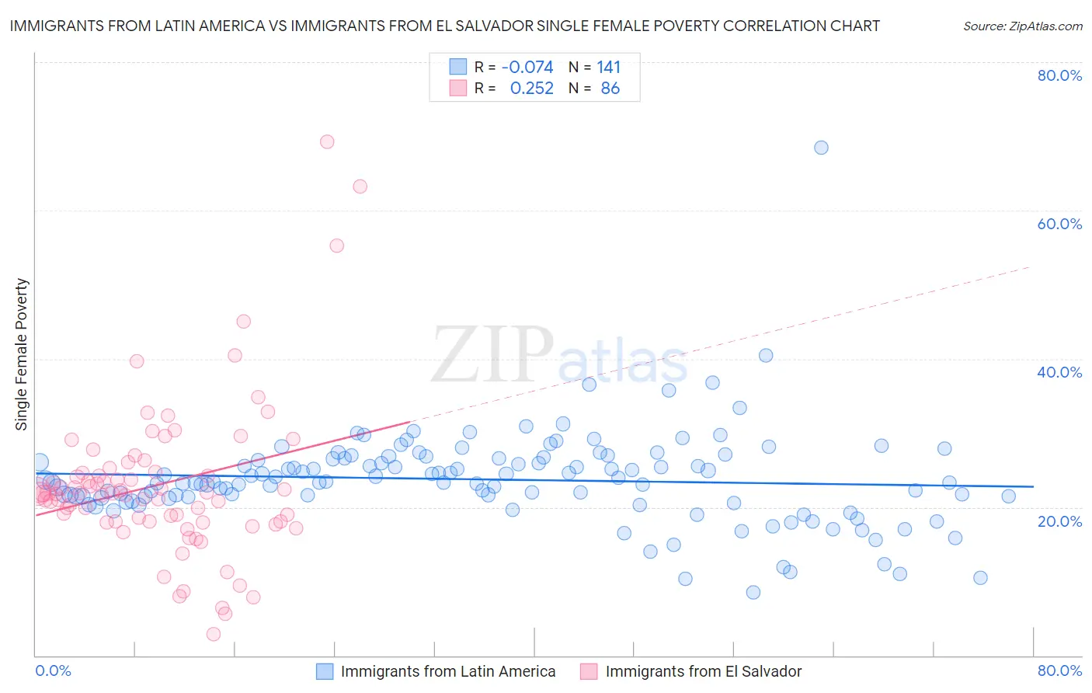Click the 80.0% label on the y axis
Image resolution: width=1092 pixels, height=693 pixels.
click(1059, 75)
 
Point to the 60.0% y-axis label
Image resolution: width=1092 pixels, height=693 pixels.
click(1059, 224)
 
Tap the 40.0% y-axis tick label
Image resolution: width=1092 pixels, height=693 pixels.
click(1059, 372)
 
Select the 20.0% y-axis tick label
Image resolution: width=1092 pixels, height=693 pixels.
click(1059, 521)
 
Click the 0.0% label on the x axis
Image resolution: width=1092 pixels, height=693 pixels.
click(53, 670)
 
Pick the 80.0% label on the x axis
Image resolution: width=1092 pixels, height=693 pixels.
click(1059, 670)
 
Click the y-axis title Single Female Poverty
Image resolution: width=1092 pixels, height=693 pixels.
click(22, 354)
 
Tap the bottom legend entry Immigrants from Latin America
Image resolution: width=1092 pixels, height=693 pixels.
click(448, 672)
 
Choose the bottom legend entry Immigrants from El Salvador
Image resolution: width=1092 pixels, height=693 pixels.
click(703, 672)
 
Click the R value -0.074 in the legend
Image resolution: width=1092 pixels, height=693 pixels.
click(527, 68)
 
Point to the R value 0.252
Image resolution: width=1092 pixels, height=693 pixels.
click(531, 89)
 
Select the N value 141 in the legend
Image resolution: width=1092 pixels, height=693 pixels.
click(609, 68)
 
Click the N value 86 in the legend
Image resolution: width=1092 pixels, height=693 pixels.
click(610, 89)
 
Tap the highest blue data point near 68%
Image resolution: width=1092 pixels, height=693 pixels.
click(821, 148)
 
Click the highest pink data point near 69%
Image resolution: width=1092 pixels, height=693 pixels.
click(327, 141)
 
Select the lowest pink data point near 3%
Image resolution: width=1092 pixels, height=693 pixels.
click(214, 634)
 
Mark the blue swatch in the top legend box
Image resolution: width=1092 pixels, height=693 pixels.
click(458, 67)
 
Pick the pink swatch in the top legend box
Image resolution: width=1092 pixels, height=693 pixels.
click(458, 88)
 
